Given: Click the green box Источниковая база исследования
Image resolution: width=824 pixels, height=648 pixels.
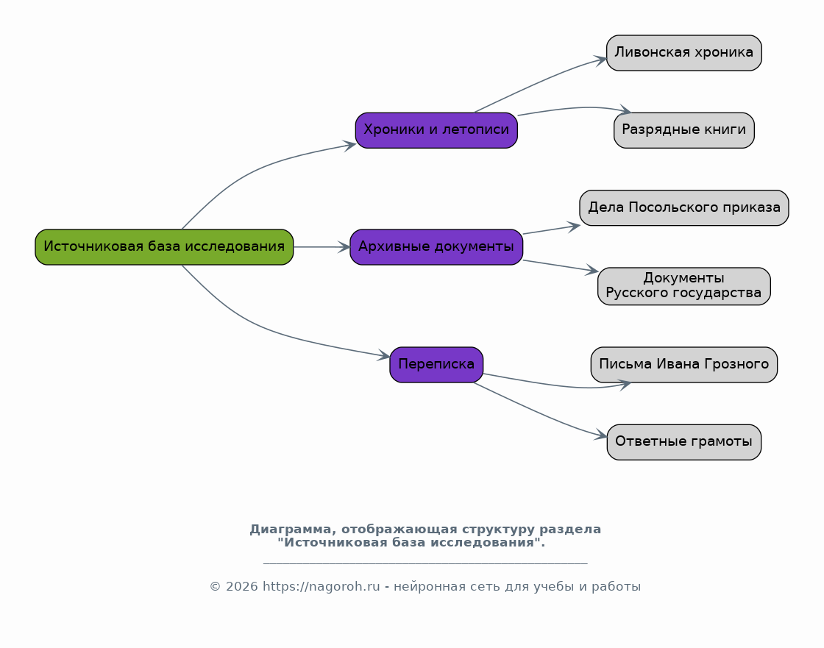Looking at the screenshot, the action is (164, 247).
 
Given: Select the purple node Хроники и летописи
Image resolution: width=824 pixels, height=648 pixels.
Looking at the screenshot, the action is (436, 130).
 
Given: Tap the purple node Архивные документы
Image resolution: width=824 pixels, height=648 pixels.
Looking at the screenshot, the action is (436, 247).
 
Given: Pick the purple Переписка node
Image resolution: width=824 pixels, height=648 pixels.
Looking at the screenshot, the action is (436, 365).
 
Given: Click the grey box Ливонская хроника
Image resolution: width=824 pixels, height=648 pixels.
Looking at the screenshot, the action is (683, 53).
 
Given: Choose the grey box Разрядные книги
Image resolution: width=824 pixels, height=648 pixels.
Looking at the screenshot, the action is (683, 130).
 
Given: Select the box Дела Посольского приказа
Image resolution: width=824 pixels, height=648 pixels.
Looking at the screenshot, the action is (683, 208).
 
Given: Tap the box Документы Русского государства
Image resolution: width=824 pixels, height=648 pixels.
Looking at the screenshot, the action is (683, 286).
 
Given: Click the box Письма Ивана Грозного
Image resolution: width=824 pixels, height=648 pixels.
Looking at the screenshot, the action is (683, 365).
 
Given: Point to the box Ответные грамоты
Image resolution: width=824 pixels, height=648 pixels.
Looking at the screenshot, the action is (683, 443).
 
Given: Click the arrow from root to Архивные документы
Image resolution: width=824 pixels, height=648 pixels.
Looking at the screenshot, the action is (322, 247).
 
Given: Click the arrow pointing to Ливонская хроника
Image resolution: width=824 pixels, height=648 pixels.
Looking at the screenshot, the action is (541, 82).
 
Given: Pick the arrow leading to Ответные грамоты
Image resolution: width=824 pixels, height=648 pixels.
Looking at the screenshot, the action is (541, 413).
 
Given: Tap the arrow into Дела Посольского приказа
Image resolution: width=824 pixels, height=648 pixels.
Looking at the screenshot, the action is (552, 229).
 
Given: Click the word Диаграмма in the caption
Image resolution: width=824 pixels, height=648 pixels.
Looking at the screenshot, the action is (290, 530).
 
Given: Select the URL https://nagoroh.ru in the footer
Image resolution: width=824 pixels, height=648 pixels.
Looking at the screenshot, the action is (321, 586).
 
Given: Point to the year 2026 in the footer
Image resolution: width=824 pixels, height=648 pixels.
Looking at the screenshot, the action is (242, 586).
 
